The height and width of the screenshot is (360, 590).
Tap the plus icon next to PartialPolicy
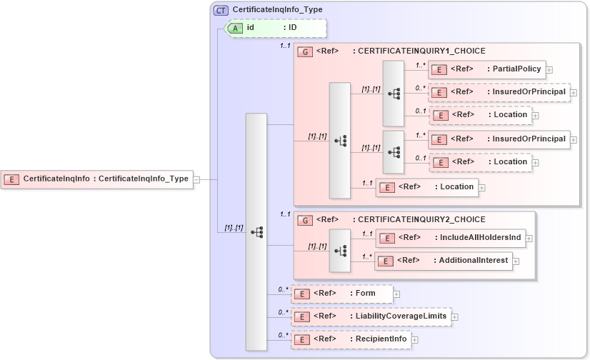(x=550, y=70)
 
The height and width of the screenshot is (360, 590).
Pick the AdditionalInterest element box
(x=444, y=261)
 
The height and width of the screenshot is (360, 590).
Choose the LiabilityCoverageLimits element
(x=371, y=316)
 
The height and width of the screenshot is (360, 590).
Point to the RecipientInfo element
(x=351, y=339)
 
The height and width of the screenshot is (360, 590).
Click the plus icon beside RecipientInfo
(x=415, y=339)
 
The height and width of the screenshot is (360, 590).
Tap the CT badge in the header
(x=221, y=11)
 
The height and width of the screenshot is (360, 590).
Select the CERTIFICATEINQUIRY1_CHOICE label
(x=421, y=51)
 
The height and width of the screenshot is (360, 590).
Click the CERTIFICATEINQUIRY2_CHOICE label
(x=421, y=220)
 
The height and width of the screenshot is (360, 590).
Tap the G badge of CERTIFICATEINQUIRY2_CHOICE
(x=305, y=220)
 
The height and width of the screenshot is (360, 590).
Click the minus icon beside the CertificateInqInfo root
(x=196, y=179)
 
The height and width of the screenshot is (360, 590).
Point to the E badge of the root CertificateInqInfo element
(x=11, y=179)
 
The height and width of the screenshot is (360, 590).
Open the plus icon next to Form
(x=396, y=294)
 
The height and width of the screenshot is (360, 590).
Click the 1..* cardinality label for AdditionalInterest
(x=367, y=256)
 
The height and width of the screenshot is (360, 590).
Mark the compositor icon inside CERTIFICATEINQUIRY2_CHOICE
(x=340, y=250)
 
